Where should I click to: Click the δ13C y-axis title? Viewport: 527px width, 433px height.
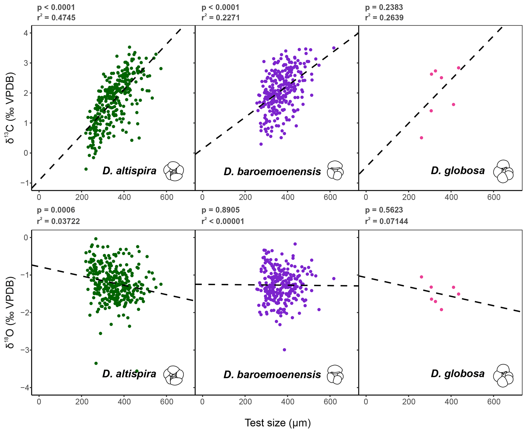tap(10, 108)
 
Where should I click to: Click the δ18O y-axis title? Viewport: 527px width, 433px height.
tap(10, 312)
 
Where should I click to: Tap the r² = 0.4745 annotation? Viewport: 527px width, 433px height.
tap(56, 18)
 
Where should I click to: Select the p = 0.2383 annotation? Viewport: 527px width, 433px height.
tap(384, 7)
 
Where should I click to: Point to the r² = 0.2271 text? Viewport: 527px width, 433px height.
tap(221, 18)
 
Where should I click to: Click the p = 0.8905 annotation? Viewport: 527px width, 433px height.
tap(221, 210)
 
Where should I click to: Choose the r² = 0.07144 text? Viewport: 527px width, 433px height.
tap(387, 221)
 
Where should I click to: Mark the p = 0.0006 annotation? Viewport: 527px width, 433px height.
tap(56, 210)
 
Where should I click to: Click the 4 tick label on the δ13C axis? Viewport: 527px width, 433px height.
tap(26, 33)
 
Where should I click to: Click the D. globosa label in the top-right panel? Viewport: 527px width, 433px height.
tap(458, 170)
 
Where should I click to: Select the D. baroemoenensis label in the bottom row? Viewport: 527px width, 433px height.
tap(272, 374)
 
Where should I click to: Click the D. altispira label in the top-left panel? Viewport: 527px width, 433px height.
tap(129, 170)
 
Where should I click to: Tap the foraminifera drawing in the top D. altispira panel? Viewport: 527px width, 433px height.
tap(174, 171)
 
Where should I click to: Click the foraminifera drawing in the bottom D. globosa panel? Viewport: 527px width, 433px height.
tap(503, 376)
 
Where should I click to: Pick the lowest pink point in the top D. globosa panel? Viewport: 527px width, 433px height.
tap(421, 138)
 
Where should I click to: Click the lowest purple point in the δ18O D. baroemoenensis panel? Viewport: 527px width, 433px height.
tap(284, 350)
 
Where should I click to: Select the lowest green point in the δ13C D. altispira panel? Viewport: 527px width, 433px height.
tap(86, 169)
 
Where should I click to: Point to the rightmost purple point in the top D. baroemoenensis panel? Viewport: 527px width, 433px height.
tap(334, 48)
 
